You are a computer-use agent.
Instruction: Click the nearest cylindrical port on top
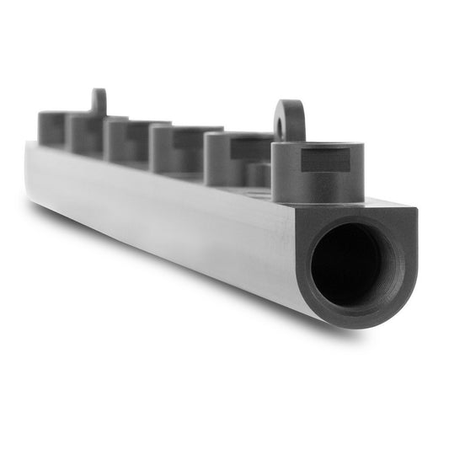point(317,173)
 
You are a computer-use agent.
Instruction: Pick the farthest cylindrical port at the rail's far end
point(51,128)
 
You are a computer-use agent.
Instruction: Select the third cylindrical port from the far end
point(126,139)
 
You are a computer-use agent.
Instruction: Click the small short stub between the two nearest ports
point(259,174)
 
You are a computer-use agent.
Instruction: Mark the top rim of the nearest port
point(318,147)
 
